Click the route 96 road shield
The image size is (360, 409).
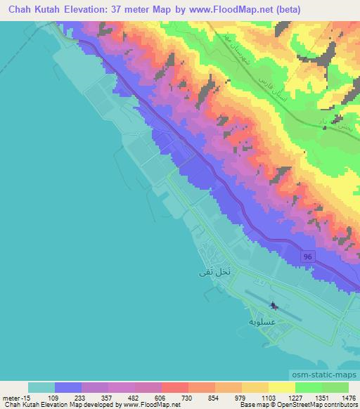tap(307, 258)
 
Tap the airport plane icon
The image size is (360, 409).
tap(274, 306)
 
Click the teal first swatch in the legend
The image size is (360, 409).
tap(41, 387)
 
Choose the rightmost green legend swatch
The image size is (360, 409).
tap(335, 387)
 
